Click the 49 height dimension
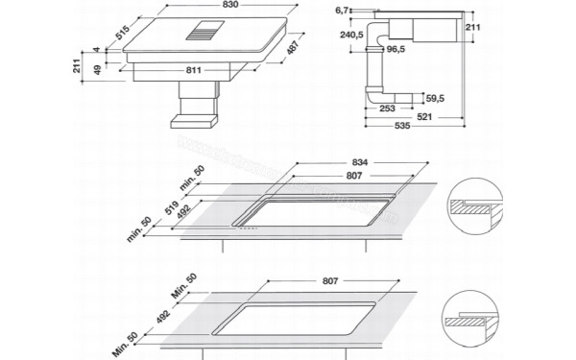coord(97,69)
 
